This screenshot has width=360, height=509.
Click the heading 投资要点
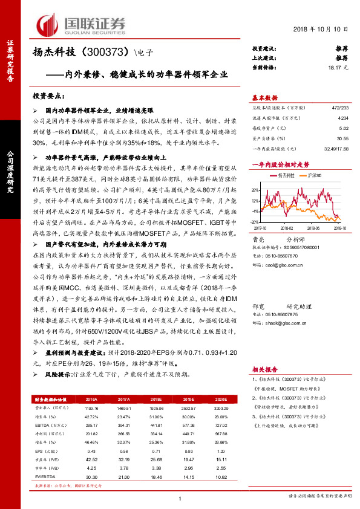coord(48,96)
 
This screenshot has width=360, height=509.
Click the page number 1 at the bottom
coord(180,498)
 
